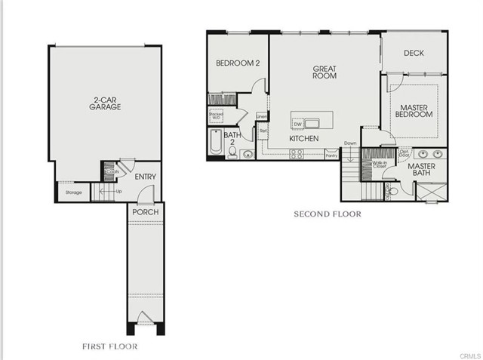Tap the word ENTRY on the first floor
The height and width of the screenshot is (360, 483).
tap(145, 177)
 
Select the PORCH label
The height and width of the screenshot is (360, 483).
tap(145, 212)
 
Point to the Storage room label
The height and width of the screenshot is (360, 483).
tap(73, 192)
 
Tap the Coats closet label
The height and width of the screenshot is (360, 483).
tap(112, 172)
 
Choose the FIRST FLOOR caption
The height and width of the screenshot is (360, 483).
tap(109, 346)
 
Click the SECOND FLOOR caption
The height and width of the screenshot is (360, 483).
tap(327, 214)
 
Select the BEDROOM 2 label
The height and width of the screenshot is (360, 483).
tap(238, 63)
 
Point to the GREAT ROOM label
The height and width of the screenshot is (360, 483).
tap(325, 72)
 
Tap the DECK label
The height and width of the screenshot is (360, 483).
tap(413, 53)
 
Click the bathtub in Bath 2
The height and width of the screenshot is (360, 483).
tap(215, 143)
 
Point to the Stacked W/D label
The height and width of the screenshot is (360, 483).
tap(215, 116)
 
